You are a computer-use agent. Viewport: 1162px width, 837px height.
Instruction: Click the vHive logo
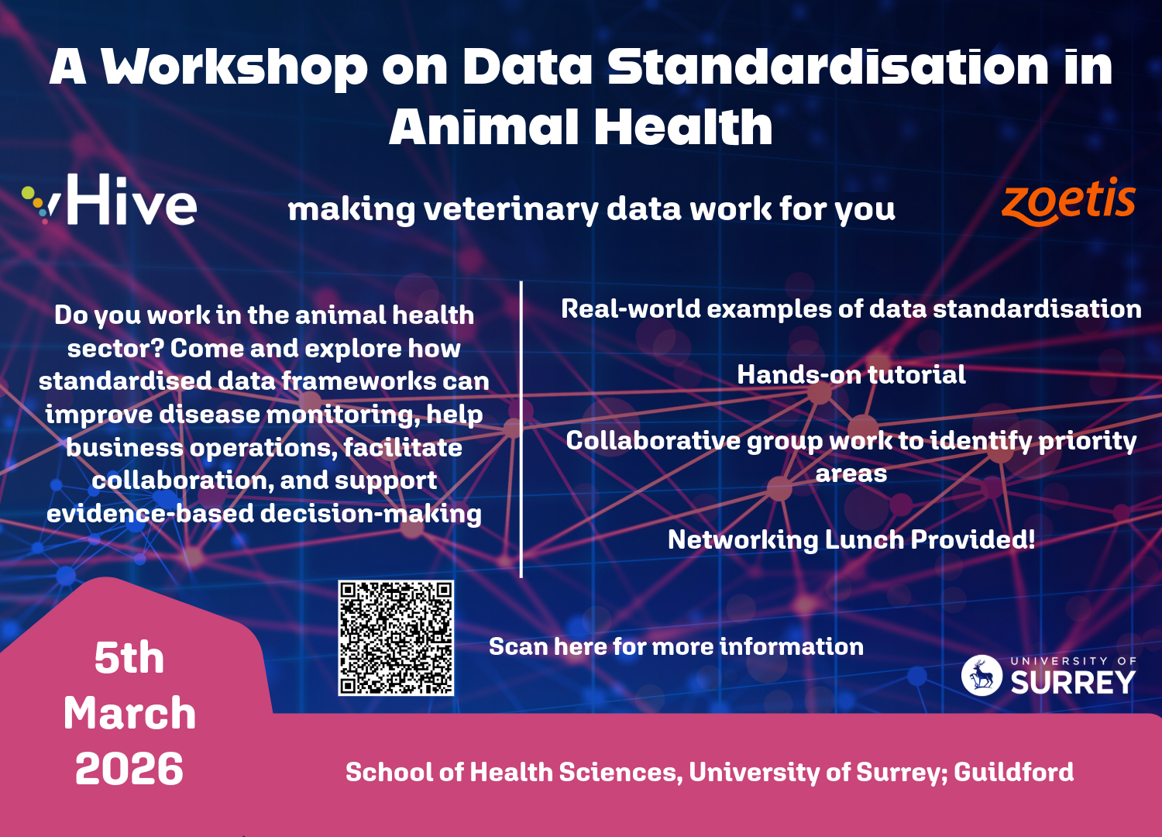pos(109,200)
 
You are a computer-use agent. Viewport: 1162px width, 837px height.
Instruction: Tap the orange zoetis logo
pos(1068,201)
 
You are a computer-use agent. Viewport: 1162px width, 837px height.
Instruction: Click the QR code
pos(396,638)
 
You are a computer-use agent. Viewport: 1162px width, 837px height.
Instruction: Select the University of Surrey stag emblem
pos(982,675)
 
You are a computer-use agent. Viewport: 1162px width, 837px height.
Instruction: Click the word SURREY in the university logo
pos(1073,682)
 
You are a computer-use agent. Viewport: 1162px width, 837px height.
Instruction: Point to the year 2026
pos(129,769)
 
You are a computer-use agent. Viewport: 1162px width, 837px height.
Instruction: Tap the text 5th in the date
pos(129,658)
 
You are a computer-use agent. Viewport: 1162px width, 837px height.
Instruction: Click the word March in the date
pos(129,713)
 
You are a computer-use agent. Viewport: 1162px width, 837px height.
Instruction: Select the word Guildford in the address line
pos(1013,772)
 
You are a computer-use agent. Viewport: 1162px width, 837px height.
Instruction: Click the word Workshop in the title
pos(234,67)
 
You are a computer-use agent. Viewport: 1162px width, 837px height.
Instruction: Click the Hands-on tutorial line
pos(851,374)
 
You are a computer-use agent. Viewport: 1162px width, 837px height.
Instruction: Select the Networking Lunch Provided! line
pos(851,539)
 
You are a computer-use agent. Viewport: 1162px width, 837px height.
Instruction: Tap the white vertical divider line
pos(521,429)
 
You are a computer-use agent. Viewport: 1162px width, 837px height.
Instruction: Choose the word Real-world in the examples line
pos(631,308)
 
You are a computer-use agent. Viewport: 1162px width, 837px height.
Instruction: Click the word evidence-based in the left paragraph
pos(150,514)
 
